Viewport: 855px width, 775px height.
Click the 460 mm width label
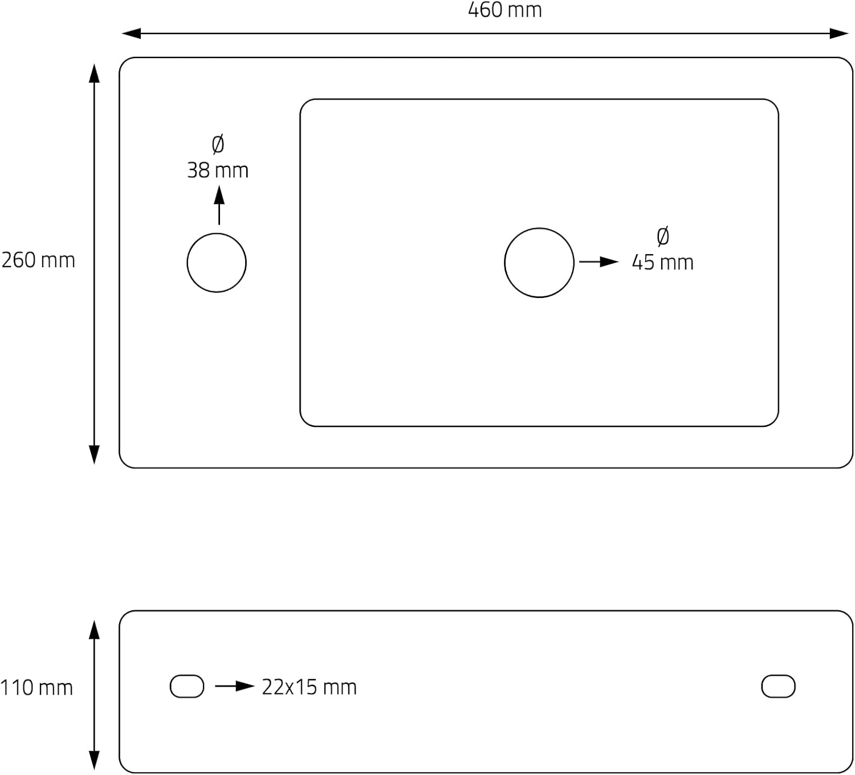(504, 10)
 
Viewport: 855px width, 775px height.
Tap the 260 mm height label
(38, 260)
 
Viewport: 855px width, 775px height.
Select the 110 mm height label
(36, 688)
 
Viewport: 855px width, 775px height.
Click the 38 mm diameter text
(218, 170)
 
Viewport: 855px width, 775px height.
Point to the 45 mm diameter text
(663, 262)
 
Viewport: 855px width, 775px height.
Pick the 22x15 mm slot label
(309, 687)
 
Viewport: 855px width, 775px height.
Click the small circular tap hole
(187, 263)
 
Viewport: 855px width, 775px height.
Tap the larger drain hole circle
(504, 263)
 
